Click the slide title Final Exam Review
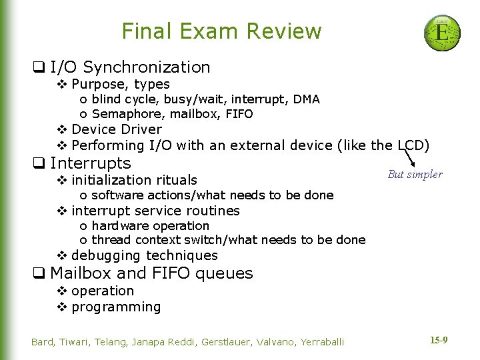tap(221, 31)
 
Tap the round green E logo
tap(442, 33)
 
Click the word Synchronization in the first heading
tap(147, 67)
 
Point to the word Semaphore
tap(124, 114)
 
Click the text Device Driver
tap(117, 129)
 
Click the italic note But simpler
tap(415, 175)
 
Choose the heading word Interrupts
tap(91, 163)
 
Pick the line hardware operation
tap(150, 225)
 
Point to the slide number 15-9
tap(438, 340)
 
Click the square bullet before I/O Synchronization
tap(39, 67)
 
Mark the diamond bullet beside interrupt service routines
tap(61, 211)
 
